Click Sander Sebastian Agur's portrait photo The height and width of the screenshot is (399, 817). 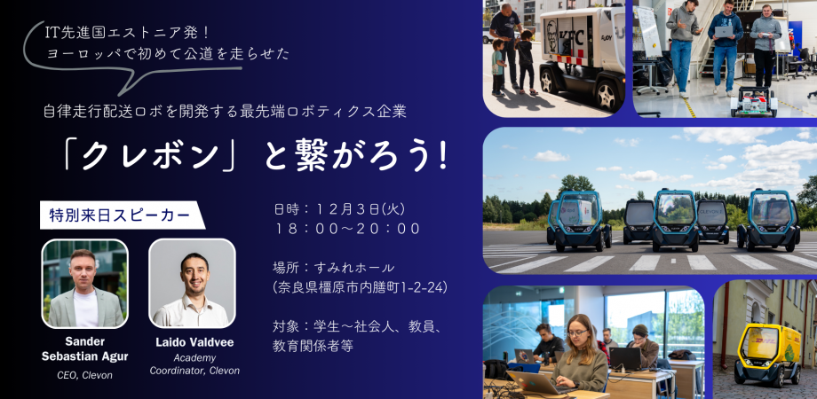(85, 283)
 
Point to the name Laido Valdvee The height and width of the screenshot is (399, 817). (194, 342)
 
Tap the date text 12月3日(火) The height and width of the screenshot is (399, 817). (355, 209)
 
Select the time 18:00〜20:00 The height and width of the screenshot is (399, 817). (347, 229)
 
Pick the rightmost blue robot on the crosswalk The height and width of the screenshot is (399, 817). (767, 218)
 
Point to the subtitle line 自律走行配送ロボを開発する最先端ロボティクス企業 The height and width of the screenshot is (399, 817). (225, 111)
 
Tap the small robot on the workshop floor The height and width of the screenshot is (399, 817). (753, 101)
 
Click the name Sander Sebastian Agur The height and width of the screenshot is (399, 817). (85, 348)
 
